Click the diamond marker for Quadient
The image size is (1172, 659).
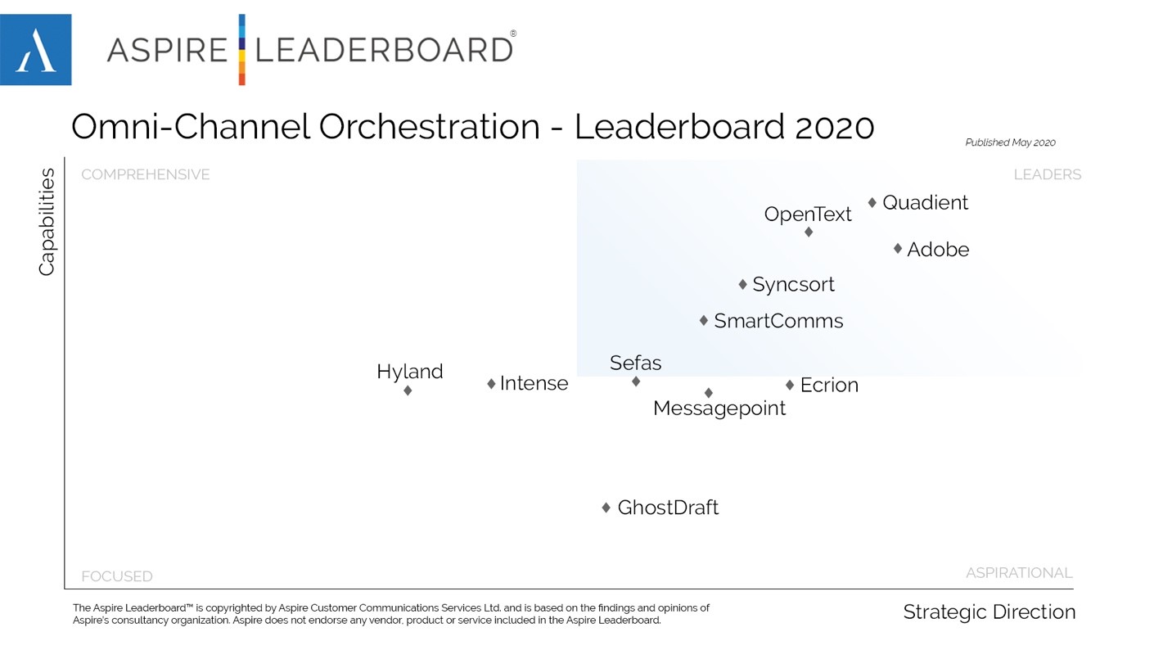(x=872, y=202)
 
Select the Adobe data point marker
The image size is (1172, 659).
(x=898, y=248)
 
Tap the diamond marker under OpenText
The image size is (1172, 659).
(x=809, y=232)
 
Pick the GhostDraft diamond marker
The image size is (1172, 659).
(x=606, y=508)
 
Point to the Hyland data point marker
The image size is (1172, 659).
(x=408, y=390)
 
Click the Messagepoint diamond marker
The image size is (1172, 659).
(x=709, y=393)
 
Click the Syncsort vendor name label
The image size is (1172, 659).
(x=793, y=284)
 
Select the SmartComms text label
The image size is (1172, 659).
(x=778, y=321)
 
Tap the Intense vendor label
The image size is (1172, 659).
(x=534, y=383)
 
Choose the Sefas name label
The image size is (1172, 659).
(x=635, y=363)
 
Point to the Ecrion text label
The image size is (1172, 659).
(x=829, y=385)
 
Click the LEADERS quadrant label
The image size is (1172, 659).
(x=1047, y=174)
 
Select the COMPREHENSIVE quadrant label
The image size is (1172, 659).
(x=146, y=174)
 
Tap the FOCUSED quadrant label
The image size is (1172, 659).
(x=117, y=576)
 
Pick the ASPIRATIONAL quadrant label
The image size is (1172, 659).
(x=1019, y=573)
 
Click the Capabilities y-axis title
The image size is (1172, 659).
(x=47, y=222)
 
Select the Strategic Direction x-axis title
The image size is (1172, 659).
(x=989, y=612)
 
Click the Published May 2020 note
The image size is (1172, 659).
(x=1010, y=142)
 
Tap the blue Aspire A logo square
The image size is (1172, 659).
(x=36, y=50)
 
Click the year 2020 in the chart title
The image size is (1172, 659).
(x=834, y=127)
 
